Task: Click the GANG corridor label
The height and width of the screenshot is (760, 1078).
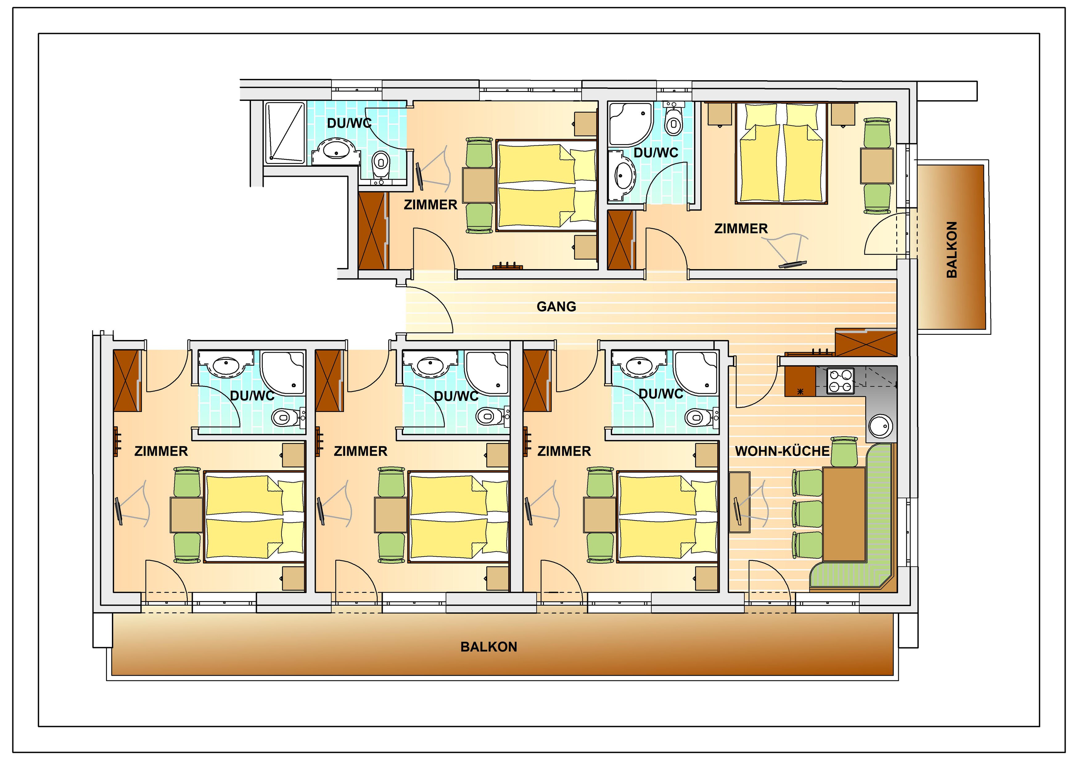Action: pos(556,307)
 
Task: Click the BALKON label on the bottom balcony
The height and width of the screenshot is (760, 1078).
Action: pos(489,647)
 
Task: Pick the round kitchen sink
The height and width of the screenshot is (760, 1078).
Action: pos(880,426)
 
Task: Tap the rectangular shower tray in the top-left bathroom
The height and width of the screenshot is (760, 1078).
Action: pos(285,133)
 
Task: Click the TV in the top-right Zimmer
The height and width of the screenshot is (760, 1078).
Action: pos(792,264)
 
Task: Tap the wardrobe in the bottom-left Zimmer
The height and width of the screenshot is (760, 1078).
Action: pos(128,380)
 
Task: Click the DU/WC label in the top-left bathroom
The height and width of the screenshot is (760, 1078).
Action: pos(349,123)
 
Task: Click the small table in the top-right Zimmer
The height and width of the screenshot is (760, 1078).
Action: pos(877,166)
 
